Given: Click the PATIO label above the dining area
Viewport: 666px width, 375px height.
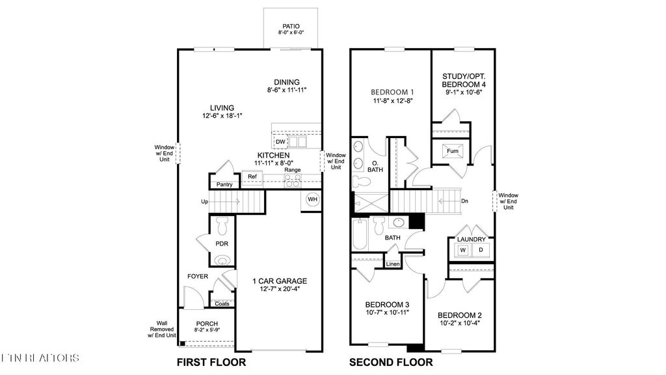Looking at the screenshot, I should (x=291, y=27).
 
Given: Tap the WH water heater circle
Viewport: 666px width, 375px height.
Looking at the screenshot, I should (x=312, y=199).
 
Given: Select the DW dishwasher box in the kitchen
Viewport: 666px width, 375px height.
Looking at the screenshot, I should (x=280, y=141).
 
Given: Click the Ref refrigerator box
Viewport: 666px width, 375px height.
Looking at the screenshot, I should (x=252, y=176).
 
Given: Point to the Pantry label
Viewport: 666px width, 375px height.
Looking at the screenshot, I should (x=224, y=184).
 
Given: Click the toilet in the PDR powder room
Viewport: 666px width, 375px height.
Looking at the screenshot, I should (x=222, y=226).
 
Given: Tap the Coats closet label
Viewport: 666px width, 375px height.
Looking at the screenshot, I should (x=222, y=303).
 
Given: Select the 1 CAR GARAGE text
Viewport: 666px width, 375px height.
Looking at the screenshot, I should (x=280, y=281).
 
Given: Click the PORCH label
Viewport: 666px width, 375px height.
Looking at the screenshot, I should (x=207, y=324).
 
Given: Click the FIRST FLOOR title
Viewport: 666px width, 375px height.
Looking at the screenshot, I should (x=211, y=362).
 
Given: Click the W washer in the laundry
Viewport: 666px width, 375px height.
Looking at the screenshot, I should (x=463, y=250).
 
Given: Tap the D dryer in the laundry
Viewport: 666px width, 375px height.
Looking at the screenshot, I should (x=481, y=250).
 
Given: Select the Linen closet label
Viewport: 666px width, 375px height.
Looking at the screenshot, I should (x=392, y=264).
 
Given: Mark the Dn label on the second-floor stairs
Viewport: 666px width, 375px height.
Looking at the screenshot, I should (x=464, y=201).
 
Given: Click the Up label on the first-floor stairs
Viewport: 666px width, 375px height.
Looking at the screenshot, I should (x=204, y=202).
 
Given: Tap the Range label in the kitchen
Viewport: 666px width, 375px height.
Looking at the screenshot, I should (x=292, y=170).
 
